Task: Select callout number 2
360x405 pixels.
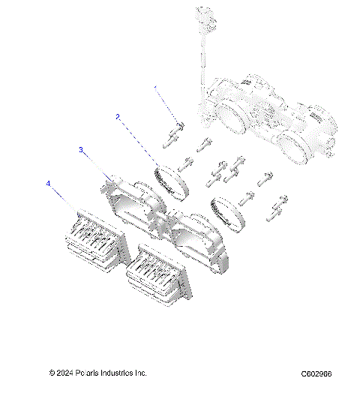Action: (x=118, y=116)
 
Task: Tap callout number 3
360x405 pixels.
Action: (x=82, y=150)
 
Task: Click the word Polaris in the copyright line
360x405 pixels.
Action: (x=88, y=373)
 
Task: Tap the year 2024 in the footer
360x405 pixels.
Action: (x=65, y=373)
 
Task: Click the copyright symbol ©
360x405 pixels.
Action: (x=52, y=373)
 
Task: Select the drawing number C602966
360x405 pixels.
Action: (x=316, y=373)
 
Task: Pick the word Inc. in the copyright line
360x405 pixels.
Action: (x=141, y=373)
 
